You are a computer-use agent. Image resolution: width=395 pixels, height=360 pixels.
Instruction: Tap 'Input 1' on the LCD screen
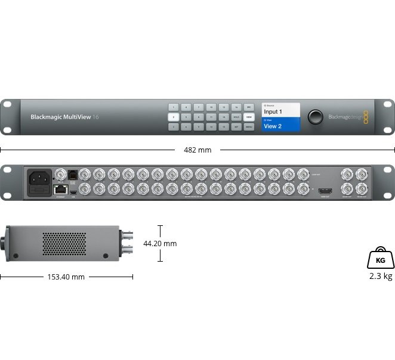(273, 111)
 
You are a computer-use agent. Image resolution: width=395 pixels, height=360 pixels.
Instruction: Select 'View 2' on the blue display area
(273, 126)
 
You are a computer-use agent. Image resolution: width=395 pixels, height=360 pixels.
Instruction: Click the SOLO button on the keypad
(236, 116)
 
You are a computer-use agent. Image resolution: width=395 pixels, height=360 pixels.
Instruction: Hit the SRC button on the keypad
(249, 106)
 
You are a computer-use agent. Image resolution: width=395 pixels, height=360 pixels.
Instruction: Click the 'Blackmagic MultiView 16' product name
(65, 117)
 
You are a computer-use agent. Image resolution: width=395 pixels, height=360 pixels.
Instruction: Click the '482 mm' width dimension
(197, 150)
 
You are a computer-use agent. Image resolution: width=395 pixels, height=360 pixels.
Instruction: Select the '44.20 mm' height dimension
(161, 243)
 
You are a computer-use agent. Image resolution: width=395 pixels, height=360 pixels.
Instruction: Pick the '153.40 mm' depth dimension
(66, 277)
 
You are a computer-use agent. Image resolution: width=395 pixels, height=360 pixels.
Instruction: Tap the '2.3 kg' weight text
(380, 276)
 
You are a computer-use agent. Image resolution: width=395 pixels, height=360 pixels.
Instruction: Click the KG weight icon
(380, 258)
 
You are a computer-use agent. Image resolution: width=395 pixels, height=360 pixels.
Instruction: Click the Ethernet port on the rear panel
(60, 188)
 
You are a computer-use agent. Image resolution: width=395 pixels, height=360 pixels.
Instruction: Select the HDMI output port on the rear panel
(325, 191)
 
